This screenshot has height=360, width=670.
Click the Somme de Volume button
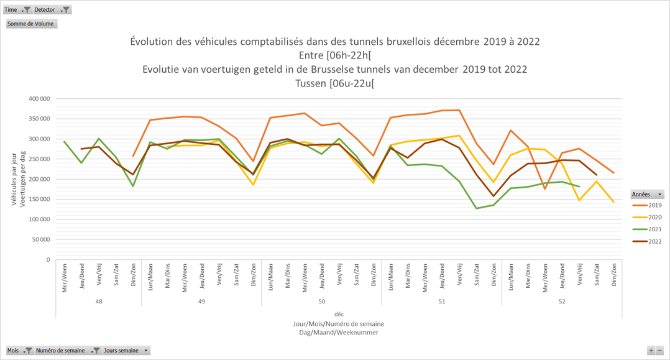click(31, 24)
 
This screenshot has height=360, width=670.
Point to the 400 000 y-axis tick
click(39, 99)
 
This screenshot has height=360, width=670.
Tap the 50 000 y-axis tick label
click(40, 240)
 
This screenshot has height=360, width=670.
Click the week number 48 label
click(99, 302)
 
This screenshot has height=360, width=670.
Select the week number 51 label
click(441, 302)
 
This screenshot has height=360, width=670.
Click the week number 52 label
click(562, 302)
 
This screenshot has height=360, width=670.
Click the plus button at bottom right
click(651, 351)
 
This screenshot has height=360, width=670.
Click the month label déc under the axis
click(339, 314)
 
